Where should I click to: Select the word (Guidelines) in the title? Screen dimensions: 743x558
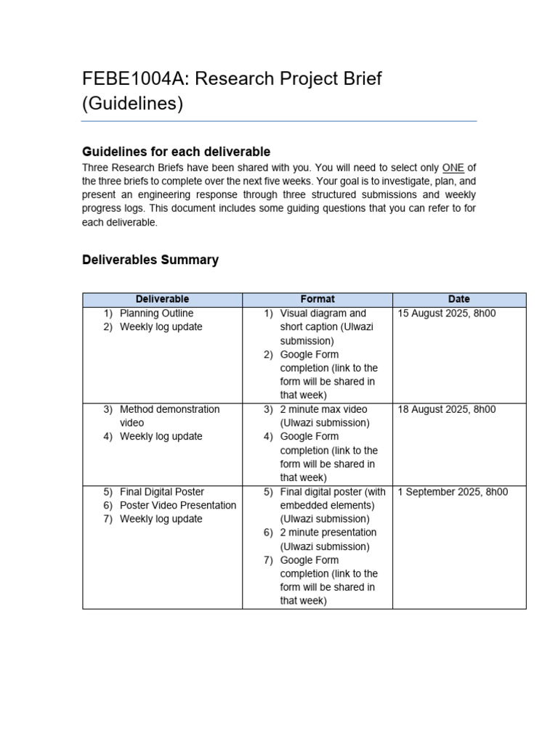coord(133,104)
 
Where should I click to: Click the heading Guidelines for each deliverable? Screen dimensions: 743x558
coord(177,152)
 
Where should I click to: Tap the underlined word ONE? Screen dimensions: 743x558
coord(453,168)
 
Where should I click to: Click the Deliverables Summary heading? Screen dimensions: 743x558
coord(150,260)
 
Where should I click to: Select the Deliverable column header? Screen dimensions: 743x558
coord(162,299)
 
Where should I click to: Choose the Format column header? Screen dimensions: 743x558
coord(318,299)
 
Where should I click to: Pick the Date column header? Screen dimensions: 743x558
coord(459,299)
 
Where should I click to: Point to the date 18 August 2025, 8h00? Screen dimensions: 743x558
coord(447,409)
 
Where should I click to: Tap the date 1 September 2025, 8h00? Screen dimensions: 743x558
coord(453,492)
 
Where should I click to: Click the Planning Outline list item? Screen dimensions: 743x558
coord(156,313)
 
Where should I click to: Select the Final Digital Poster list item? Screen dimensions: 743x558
coord(162,492)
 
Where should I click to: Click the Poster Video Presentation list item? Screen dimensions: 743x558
coord(178,505)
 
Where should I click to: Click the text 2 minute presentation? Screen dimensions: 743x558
coord(328,533)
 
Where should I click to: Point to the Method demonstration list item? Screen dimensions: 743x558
coord(169,409)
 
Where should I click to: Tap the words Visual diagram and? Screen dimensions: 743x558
coord(323,313)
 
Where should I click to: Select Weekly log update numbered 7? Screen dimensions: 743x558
coord(161,519)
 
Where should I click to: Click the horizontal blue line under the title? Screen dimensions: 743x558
coord(279,121)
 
